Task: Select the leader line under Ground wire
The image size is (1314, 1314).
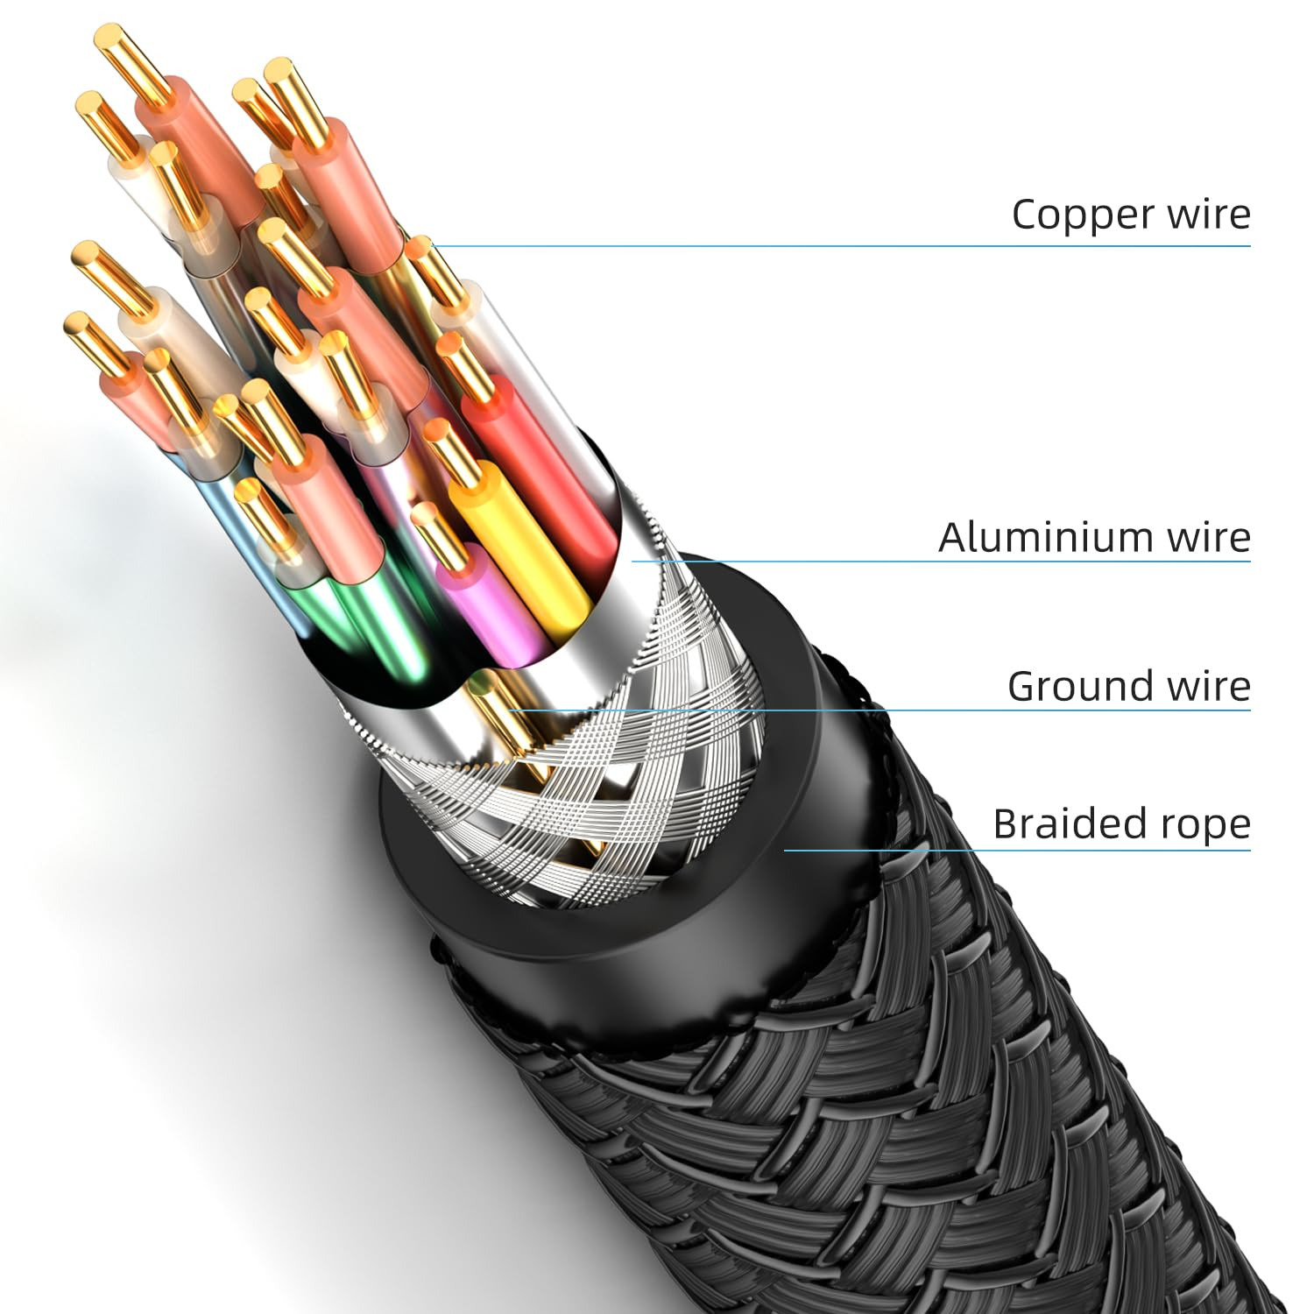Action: pos(876,710)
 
